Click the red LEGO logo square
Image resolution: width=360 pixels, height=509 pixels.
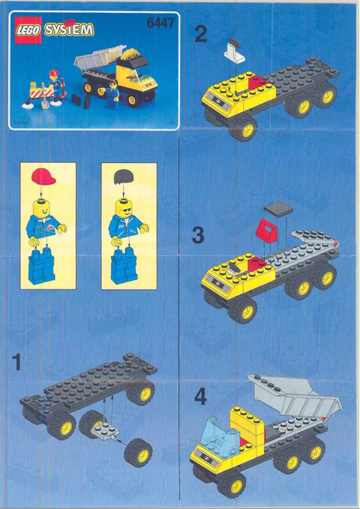[x=28, y=30]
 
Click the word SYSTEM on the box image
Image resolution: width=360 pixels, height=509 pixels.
[x=69, y=30]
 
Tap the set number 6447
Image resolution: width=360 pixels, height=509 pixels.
[x=160, y=23]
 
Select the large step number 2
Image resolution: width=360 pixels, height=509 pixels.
[x=201, y=35]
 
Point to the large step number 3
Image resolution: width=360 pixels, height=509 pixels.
[x=198, y=235]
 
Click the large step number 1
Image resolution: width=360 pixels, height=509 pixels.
[x=17, y=363]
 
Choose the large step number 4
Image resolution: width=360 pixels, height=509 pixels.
[x=200, y=397]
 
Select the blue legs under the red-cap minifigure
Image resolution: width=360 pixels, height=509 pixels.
[x=41, y=268]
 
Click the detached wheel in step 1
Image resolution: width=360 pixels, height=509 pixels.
[x=138, y=452]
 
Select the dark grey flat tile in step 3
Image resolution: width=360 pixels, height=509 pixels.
[x=278, y=208]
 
